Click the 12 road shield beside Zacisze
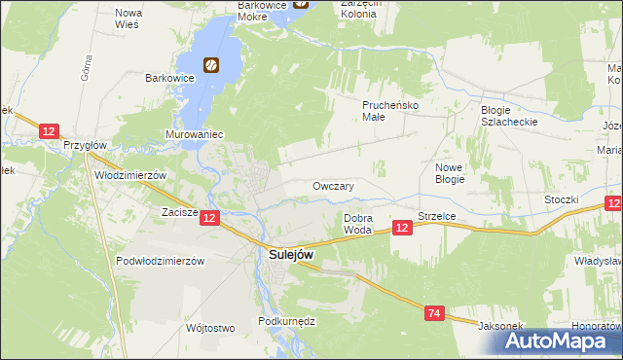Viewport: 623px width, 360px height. [x=210, y=219]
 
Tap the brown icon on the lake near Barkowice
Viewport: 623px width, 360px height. [x=210, y=66]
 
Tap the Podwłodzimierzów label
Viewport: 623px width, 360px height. [x=159, y=261]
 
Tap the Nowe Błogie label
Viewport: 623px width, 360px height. [x=449, y=173]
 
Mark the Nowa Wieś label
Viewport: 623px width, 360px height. [x=128, y=18]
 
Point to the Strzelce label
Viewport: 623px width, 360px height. [x=438, y=215]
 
